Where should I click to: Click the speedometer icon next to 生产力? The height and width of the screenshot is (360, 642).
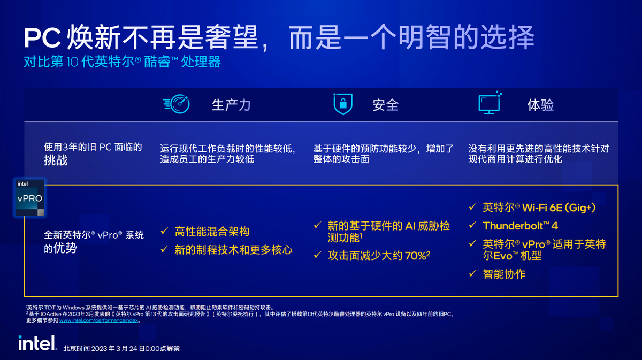[x=176, y=104]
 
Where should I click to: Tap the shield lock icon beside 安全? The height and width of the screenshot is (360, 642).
[x=342, y=104]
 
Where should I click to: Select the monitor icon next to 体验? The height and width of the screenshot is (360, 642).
[x=490, y=103]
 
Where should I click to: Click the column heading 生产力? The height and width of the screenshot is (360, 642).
[x=231, y=105]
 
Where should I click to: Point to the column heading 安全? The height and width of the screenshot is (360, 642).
[x=385, y=105]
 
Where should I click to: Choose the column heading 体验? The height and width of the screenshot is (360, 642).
[x=540, y=105]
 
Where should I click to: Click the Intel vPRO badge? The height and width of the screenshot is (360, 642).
[x=30, y=197]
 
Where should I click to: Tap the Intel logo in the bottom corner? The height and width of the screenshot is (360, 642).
[x=37, y=343]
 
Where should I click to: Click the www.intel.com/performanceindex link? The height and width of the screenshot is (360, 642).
[x=99, y=321]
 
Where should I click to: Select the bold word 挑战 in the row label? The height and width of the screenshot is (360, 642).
[x=56, y=160]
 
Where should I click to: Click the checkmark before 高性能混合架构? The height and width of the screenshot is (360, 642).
[x=165, y=232]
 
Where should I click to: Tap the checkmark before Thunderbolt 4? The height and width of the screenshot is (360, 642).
[x=472, y=225]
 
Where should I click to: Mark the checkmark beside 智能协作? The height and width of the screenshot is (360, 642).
[x=472, y=273]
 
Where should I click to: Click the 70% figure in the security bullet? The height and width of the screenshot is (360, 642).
[x=416, y=256]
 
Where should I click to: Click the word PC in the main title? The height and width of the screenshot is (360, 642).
[x=43, y=39]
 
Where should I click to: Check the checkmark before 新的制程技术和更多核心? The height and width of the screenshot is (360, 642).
[x=165, y=249]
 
